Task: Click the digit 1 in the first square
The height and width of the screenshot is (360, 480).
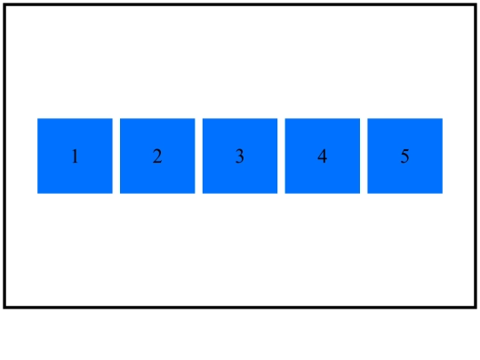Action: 75,156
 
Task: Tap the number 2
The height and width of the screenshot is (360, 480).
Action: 157,156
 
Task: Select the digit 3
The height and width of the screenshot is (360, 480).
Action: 240,156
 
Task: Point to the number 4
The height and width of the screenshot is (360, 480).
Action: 323,156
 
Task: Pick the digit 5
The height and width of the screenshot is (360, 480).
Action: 404,156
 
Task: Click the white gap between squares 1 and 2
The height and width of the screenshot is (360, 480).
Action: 116,156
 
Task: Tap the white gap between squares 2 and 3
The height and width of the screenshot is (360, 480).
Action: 199,156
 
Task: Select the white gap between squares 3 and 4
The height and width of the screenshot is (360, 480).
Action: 281,156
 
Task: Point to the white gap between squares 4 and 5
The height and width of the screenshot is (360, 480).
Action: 364,156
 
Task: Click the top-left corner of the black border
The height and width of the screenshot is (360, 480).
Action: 4,4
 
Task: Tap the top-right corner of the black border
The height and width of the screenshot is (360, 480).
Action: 476,4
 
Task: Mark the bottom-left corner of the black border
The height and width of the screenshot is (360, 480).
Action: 4,308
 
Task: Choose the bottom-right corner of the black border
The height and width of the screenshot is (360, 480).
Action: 476,308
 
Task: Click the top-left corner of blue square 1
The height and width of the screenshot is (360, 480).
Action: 37,118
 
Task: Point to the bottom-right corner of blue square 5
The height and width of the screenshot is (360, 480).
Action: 443,194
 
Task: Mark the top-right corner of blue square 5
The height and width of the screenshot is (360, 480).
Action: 443,118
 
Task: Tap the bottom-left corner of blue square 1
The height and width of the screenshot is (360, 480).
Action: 37,194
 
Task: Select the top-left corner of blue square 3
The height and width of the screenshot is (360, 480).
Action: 203,118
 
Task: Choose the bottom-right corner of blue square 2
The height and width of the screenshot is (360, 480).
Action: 195,194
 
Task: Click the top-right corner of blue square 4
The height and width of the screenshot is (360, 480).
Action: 360,118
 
